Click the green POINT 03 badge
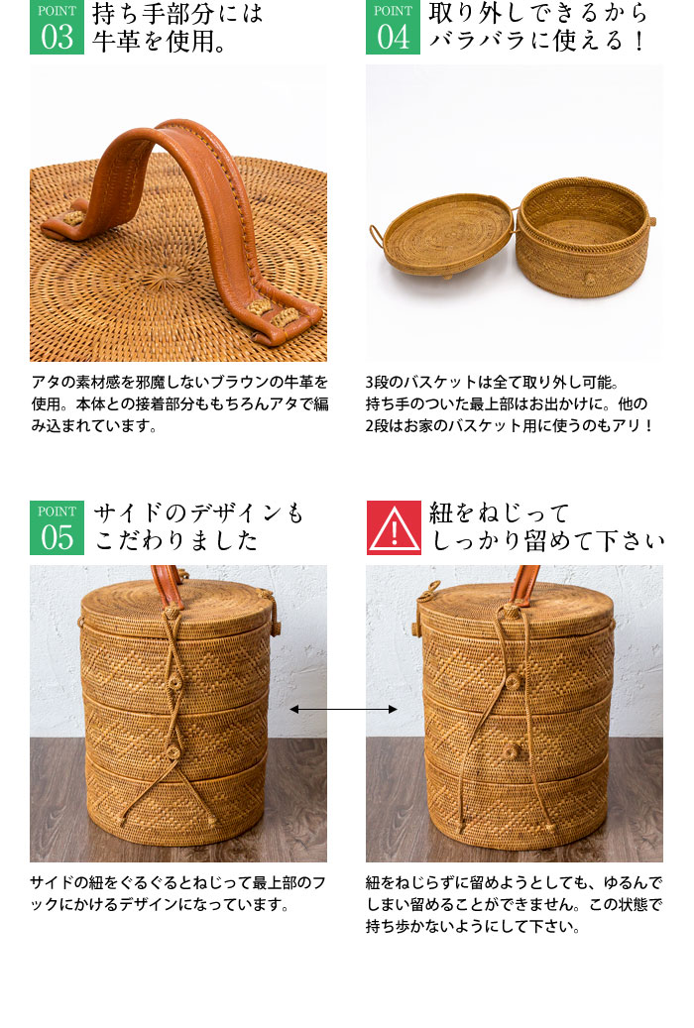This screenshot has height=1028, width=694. pos(57,28)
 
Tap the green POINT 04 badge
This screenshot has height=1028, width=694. pos(393,28)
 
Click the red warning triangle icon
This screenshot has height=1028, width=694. pos(394,527)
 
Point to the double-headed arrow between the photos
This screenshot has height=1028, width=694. pos(343,710)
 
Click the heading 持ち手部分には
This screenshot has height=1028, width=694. pos(178,14)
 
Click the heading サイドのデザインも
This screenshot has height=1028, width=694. pos(199,514)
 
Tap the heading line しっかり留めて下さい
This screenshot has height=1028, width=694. pos(546,541)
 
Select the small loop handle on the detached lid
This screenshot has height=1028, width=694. pos(378,238)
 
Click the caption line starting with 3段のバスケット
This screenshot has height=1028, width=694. pos(505,382)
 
